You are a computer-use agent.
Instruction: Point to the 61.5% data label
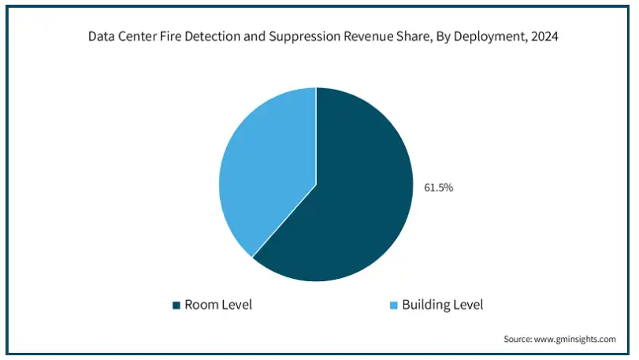439,187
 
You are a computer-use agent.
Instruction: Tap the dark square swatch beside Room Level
176,305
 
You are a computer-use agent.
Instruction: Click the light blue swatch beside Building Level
394,305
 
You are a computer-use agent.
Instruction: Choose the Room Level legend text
218,305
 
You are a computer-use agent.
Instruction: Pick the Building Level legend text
443,305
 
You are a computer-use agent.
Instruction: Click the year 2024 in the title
544,37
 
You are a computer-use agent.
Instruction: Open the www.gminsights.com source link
574,340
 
